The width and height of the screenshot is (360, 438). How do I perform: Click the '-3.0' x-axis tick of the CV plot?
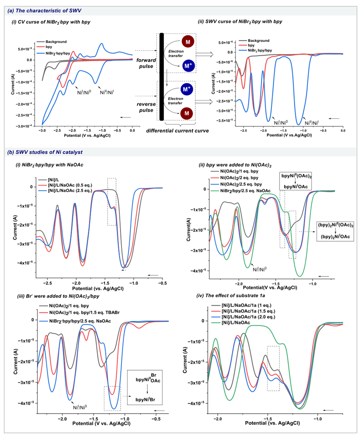[x=42, y=132]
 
